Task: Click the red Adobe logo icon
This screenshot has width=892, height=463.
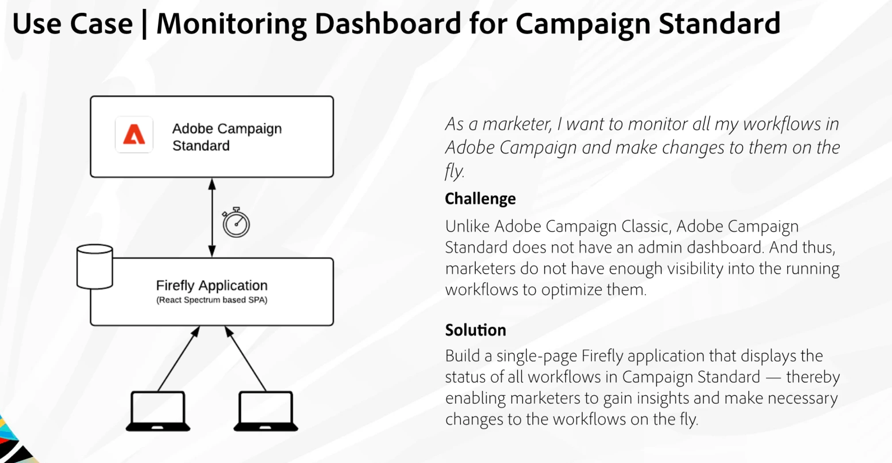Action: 134,135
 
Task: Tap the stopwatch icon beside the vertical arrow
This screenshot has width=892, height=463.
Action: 236,222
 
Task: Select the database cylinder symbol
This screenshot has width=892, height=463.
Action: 95,266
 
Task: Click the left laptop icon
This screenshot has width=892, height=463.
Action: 158,411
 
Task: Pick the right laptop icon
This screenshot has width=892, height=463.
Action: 266,411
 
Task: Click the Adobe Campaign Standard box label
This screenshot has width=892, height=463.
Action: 227,137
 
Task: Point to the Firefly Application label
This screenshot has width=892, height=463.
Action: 212,286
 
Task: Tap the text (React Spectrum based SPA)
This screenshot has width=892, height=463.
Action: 212,300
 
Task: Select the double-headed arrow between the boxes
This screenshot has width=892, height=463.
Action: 212,218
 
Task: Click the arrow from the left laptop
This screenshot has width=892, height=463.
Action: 179,359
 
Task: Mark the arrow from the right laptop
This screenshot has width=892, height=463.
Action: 246,359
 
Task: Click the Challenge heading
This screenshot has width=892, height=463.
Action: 481,199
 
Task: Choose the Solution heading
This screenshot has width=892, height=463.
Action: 476,330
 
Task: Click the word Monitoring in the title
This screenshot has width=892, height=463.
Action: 231,24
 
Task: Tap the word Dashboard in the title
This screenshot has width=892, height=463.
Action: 388,23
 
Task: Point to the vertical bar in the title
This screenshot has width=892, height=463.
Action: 144,25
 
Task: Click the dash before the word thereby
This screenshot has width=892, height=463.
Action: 773,378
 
